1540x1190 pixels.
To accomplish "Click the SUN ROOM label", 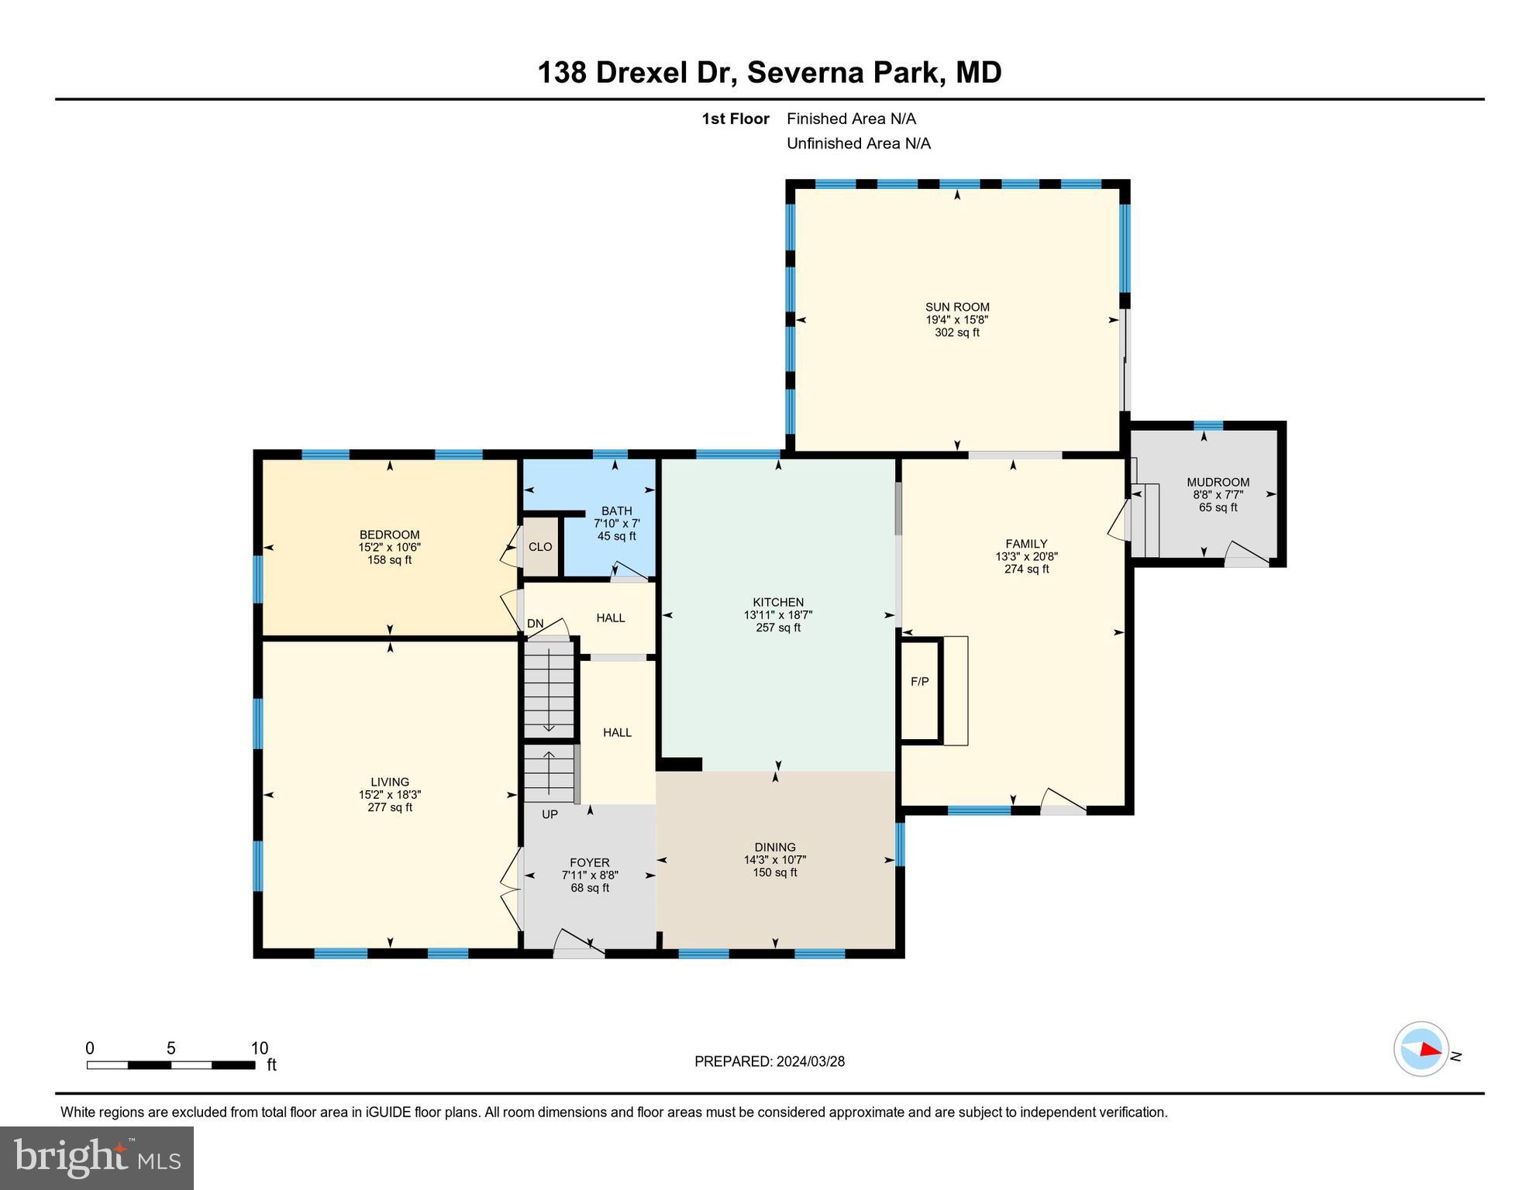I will [957, 307].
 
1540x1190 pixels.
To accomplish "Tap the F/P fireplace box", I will [919, 683].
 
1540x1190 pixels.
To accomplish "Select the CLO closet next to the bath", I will [540, 547].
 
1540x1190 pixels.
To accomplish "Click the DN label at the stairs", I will [535, 624].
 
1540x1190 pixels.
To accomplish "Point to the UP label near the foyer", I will [550, 814].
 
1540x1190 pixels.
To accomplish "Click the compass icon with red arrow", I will [1421, 1049].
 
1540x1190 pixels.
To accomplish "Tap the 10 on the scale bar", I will [259, 1048].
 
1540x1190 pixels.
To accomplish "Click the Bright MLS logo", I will [97, 1157].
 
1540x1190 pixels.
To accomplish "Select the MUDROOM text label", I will [1218, 482].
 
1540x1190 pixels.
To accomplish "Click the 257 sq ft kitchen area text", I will [778, 628].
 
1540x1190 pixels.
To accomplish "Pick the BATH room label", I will [616, 511].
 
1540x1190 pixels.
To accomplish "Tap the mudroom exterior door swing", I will [1246, 552].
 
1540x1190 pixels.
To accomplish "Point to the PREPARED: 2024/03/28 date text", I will [770, 1061].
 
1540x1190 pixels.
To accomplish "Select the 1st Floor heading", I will [735, 119].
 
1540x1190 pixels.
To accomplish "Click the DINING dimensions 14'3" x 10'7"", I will [775, 860].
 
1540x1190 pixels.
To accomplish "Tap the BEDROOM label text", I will [389, 535].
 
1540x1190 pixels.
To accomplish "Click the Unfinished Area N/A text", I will [858, 143].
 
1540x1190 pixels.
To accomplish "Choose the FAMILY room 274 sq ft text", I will [1026, 569].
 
